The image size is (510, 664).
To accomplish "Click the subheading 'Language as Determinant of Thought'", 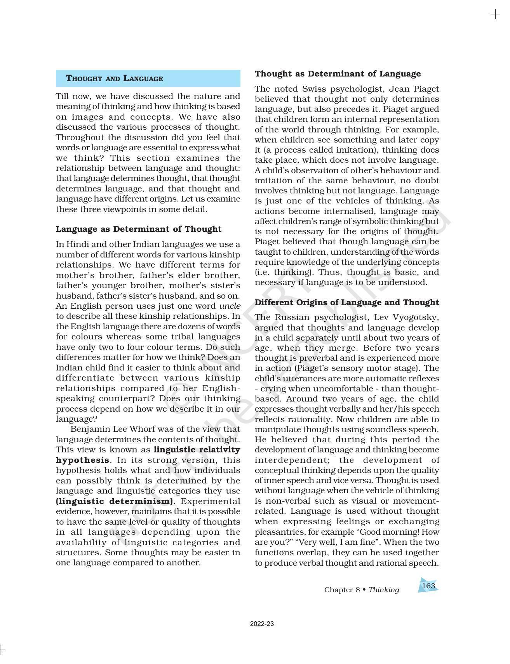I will click(x=139, y=229).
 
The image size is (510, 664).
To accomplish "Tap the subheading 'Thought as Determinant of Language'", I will click(x=338, y=74).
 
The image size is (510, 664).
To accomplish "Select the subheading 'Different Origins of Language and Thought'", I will click(x=346, y=302).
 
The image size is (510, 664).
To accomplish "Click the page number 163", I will click(x=428, y=586).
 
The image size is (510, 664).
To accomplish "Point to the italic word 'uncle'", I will click(x=230, y=306).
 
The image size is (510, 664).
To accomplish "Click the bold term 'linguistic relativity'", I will click(x=197, y=450).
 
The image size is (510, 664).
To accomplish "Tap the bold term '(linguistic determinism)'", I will click(x=115, y=501).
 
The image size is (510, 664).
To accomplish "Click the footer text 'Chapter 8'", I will click(x=342, y=590).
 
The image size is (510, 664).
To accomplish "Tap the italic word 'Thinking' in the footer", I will click(x=383, y=590).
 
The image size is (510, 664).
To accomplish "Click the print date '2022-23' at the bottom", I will click(x=262, y=624).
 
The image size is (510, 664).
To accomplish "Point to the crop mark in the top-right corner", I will click(x=495, y=15).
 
